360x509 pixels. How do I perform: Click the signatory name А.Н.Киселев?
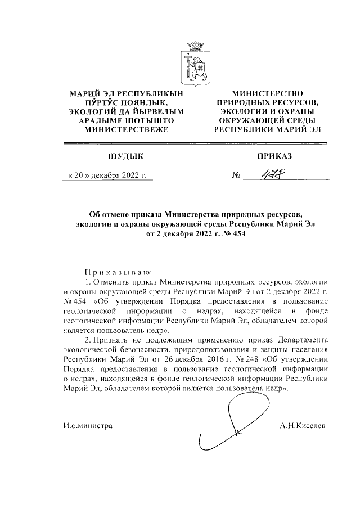pyautogui.click(x=303, y=426)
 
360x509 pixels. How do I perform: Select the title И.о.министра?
pyautogui.click(x=88, y=426)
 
